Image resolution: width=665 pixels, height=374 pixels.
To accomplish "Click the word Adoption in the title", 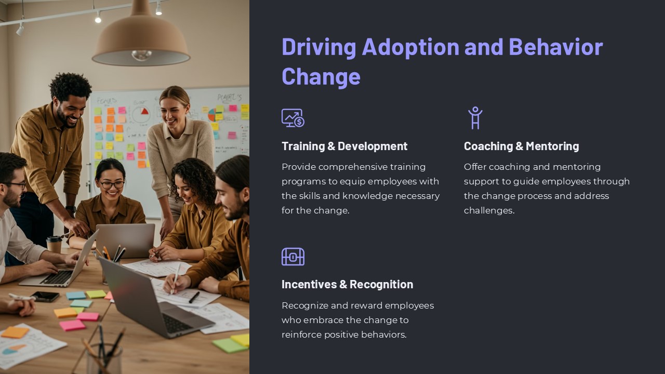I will click(410, 47).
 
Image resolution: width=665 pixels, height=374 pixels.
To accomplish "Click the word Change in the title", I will click(321, 76).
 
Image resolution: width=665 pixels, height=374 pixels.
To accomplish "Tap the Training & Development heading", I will click(344, 146).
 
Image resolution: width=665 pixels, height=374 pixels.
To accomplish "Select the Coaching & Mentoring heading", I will click(521, 146).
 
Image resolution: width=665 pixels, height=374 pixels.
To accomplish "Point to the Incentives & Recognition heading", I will click(347, 284).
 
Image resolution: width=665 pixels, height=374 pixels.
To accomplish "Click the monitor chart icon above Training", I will click(293, 118).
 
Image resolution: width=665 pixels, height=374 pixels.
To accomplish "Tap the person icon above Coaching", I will click(475, 118).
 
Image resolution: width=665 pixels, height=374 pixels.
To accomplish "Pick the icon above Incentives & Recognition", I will click(293, 257).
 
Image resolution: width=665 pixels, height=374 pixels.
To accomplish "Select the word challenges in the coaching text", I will click(488, 210).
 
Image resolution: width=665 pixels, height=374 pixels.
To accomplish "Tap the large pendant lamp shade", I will click(141, 39).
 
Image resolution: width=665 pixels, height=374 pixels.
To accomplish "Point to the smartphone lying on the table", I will click(45, 297).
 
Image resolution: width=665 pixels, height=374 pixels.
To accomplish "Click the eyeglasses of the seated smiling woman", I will click(112, 184).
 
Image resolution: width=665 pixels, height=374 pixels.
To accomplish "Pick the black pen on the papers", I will click(194, 297).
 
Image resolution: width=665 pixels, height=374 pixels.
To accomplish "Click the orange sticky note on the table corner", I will click(15, 332).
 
